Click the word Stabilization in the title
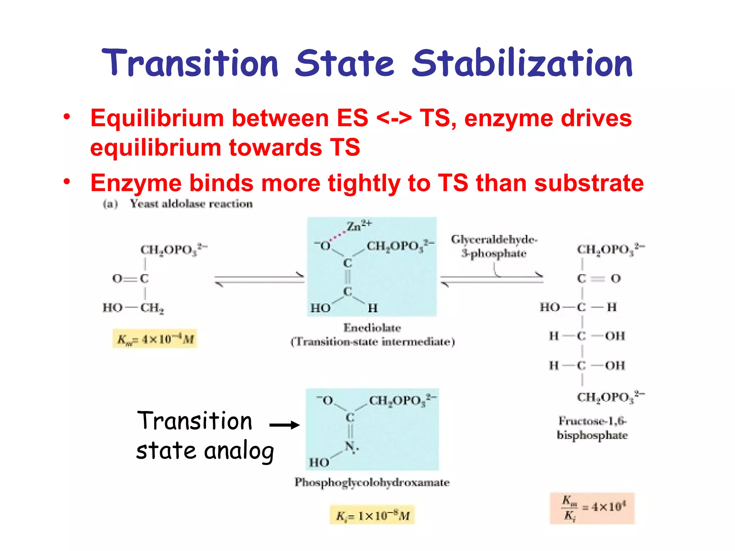coord(522,63)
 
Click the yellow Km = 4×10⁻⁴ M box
coord(155,339)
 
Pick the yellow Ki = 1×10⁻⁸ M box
coord(372,515)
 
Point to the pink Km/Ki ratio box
coord(592,508)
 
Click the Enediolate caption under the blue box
coord(372,328)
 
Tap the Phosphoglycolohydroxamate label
coord(372,482)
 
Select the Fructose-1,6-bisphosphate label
coord(592,428)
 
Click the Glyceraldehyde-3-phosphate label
coord(494,246)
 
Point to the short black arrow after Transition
coord(284,425)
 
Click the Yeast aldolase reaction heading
coord(191,204)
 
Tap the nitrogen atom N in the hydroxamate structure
coord(350,447)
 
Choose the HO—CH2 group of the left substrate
coord(133,308)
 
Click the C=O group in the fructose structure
coord(598,278)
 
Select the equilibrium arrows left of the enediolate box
coord(259,279)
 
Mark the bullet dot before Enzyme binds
coord(67,182)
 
